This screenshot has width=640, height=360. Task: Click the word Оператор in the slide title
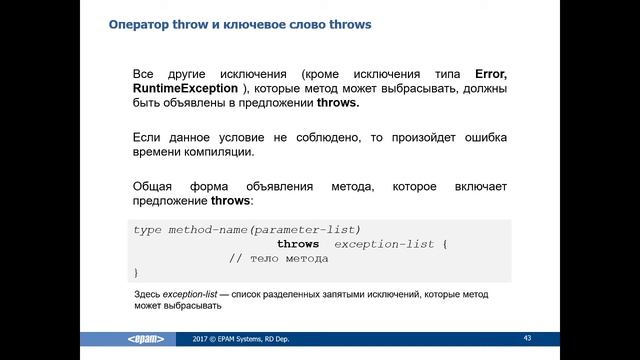(141, 24)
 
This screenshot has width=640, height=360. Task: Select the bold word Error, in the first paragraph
(487, 74)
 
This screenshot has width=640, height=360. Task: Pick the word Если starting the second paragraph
(147, 137)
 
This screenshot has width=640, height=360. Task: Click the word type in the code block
(147, 229)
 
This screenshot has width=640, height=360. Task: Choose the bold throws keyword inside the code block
(298, 244)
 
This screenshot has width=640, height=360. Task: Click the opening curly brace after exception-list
(445, 244)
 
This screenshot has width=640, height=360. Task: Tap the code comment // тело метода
(278, 258)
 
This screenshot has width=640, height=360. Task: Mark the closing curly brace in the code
(136, 272)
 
